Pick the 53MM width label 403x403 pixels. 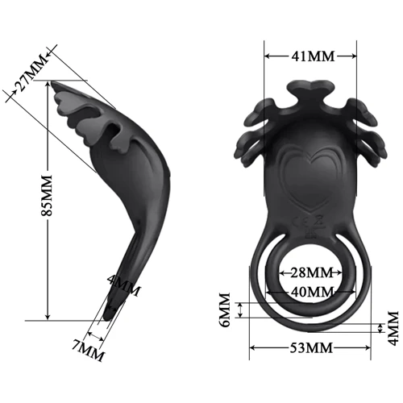click(311, 348)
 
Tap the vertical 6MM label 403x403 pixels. click(225, 310)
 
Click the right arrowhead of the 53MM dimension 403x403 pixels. click(369, 348)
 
